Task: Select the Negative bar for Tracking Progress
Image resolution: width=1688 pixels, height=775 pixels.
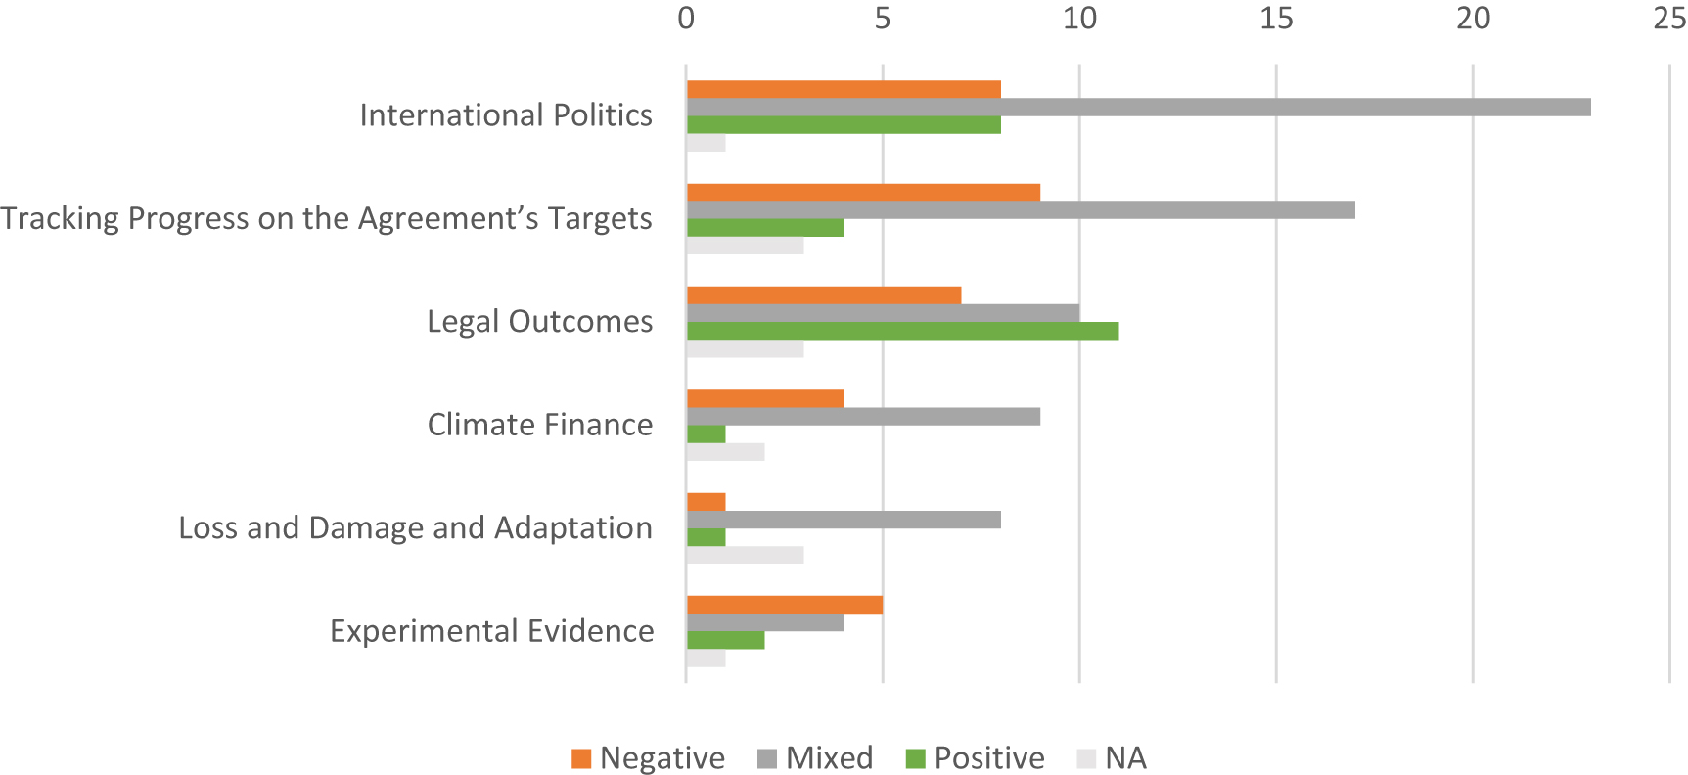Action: tap(863, 193)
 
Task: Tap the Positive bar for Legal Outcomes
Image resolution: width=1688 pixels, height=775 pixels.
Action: tap(902, 332)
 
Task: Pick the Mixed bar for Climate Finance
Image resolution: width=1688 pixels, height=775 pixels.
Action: tap(863, 417)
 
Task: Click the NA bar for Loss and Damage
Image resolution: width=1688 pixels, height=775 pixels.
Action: tap(745, 555)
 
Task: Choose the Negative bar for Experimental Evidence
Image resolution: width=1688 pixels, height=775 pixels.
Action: tap(784, 605)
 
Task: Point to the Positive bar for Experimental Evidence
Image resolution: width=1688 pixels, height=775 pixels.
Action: tap(725, 641)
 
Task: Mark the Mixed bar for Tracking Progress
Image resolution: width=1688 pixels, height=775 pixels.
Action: tap(1021, 210)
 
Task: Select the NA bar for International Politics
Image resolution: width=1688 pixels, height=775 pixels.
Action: tap(706, 143)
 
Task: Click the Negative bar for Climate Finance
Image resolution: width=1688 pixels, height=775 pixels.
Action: tap(764, 399)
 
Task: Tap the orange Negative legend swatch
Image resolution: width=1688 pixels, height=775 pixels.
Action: tap(581, 759)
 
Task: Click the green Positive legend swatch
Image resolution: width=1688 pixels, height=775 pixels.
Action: tap(916, 759)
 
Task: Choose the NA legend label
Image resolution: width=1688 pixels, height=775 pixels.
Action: tap(1125, 758)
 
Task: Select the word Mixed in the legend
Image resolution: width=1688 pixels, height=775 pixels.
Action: tap(829, 758)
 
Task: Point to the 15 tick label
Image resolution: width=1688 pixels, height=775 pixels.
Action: tap(1276, 18)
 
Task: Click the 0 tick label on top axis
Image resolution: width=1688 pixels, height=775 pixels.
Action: tap(686, 18)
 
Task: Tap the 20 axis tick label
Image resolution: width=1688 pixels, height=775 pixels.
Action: tap(1473, 18)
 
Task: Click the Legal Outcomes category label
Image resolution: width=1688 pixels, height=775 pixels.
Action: tap(539, 322)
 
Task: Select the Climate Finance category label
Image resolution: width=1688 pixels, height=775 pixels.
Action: tap(539, 425)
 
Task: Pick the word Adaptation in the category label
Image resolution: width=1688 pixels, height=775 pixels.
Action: tap(572, 528)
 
